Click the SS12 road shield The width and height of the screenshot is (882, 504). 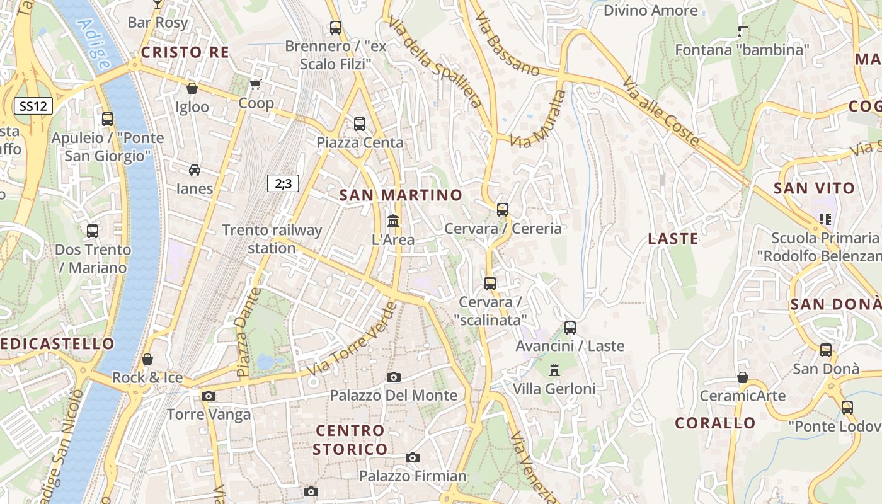(x=33, y=106)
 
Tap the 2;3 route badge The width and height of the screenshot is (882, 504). (x=283, y=183)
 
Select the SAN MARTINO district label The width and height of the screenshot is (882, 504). (x=401, y=195)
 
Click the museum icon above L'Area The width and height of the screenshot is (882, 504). (x=393, y=221)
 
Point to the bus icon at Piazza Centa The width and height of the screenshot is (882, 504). (x=360, y=124)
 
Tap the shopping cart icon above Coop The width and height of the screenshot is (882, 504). (x=255, y=84)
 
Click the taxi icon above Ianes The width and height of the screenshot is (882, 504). (x=195, y=170)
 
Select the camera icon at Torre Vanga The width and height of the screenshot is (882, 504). (x=209, y=396)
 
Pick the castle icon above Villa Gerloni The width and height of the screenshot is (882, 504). (x=554, y=370)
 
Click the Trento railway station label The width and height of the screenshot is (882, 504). (x=272, y=239)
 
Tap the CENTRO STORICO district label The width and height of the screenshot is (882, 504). (x=350, y=440)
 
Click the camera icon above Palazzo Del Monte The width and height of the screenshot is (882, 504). (x=394, y=377)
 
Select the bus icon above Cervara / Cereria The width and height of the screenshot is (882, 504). (x=503, y=210)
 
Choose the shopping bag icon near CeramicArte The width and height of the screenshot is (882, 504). (x=743, y=377)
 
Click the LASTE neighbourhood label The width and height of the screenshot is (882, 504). (x=673, y=239)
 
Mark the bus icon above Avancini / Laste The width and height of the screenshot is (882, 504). (x=570, y=328)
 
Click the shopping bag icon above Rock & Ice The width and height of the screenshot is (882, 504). (x=147, y=359)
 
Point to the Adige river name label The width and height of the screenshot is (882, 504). (x=94, y=44)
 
